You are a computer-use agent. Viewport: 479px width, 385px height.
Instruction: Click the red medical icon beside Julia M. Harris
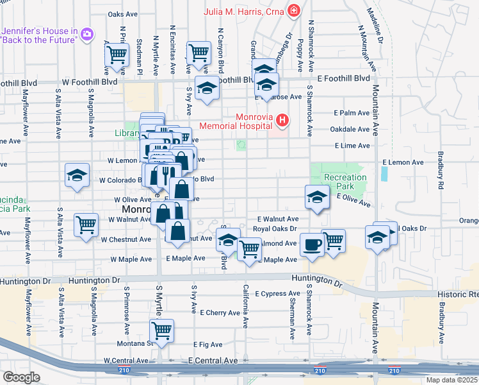pyautogui.click(x=293, y=10)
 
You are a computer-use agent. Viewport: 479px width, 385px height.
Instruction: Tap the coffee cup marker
pyautogui.click(x=312, y=245)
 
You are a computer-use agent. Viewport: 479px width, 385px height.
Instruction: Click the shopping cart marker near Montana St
pyautogui.click(x=162, y=332)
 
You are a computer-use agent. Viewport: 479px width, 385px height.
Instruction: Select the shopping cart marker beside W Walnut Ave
pyautogui.click(x=86, y=225)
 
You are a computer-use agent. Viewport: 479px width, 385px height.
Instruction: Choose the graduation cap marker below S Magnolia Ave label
pyautogui.click(x=77, y=176)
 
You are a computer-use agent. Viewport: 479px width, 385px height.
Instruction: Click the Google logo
pyautogui.click(x=21, y=377)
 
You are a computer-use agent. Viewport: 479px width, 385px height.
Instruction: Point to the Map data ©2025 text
pyautogui.click(x=451, y=380)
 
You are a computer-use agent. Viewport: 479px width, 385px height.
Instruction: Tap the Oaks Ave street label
pyautogui.click(x=123, y=13)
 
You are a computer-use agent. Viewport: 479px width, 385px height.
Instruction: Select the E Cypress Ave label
pyautogui.click(x=277, y=294)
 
